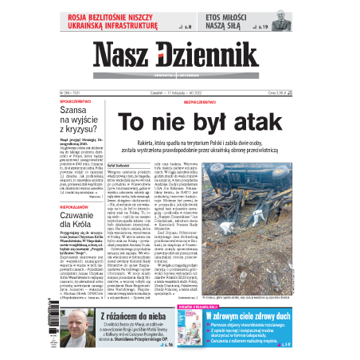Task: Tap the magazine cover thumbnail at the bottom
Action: pyautogui.click(x=198, y=329)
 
